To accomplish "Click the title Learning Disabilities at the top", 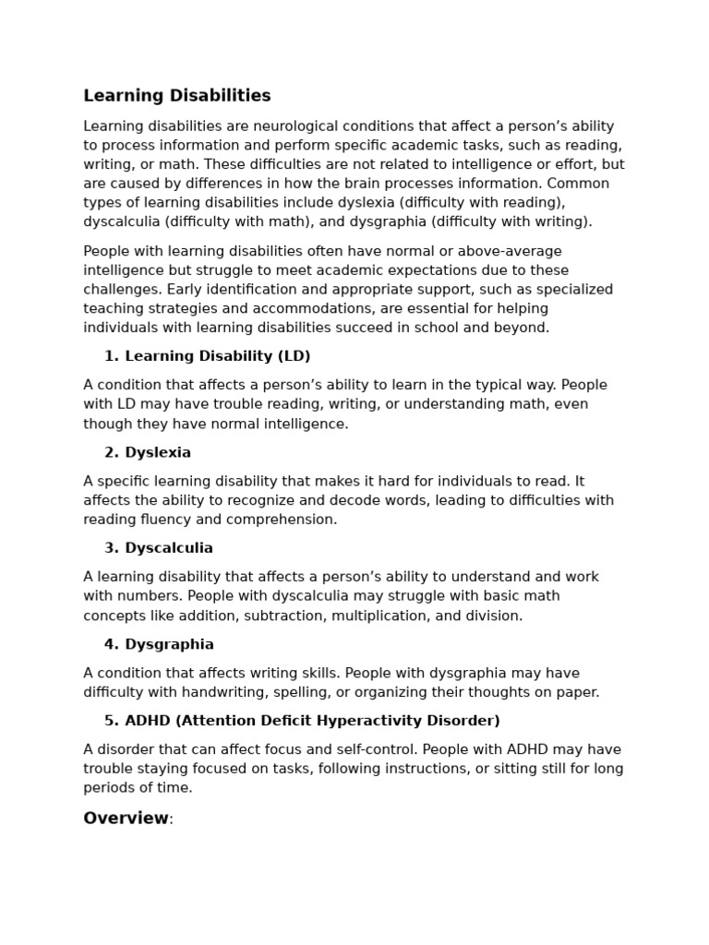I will point(177,96).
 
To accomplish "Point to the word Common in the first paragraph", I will point(583,184).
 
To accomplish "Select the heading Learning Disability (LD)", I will point(217,356).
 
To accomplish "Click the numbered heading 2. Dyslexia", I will point(148,452).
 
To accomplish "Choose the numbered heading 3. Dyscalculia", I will point(159,548).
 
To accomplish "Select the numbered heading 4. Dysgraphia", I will point(159,644).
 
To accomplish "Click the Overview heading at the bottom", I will point(126,819).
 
